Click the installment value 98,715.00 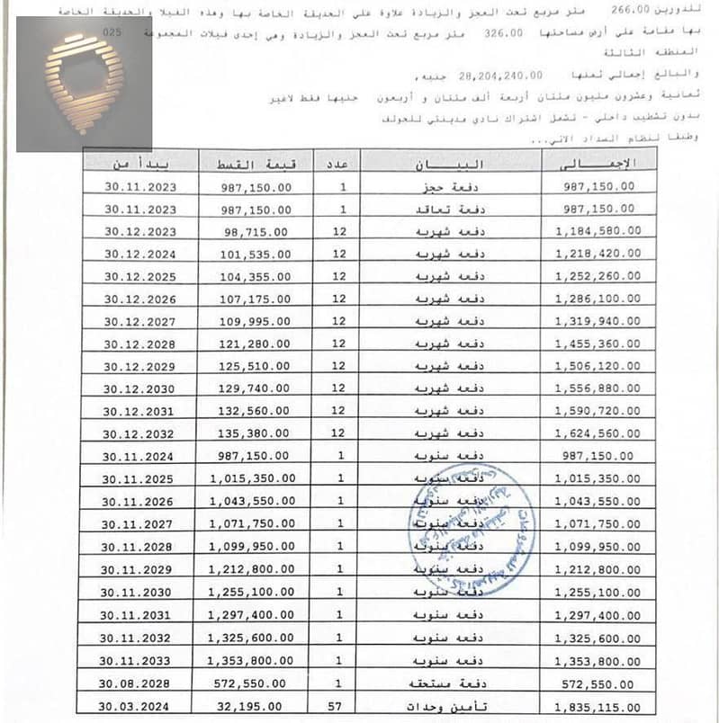(x=255, y=231)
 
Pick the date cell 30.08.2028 (x=136, y=684)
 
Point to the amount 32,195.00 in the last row (x=250, y=707)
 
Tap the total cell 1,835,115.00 (x=598, y=707)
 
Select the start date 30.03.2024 (x=136, y=707)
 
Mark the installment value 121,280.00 (x=255, y=344)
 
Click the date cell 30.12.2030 (x=136, y=389)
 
